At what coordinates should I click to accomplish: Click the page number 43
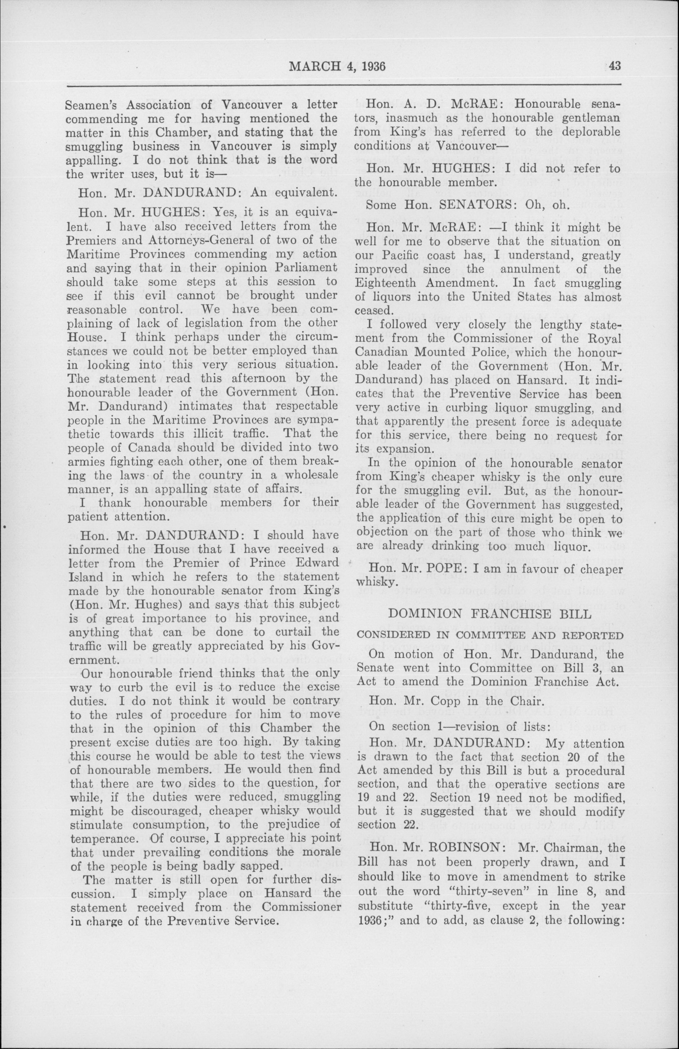click(x=614, y=66)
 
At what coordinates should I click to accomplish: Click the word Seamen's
click(x=92, y=105)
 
